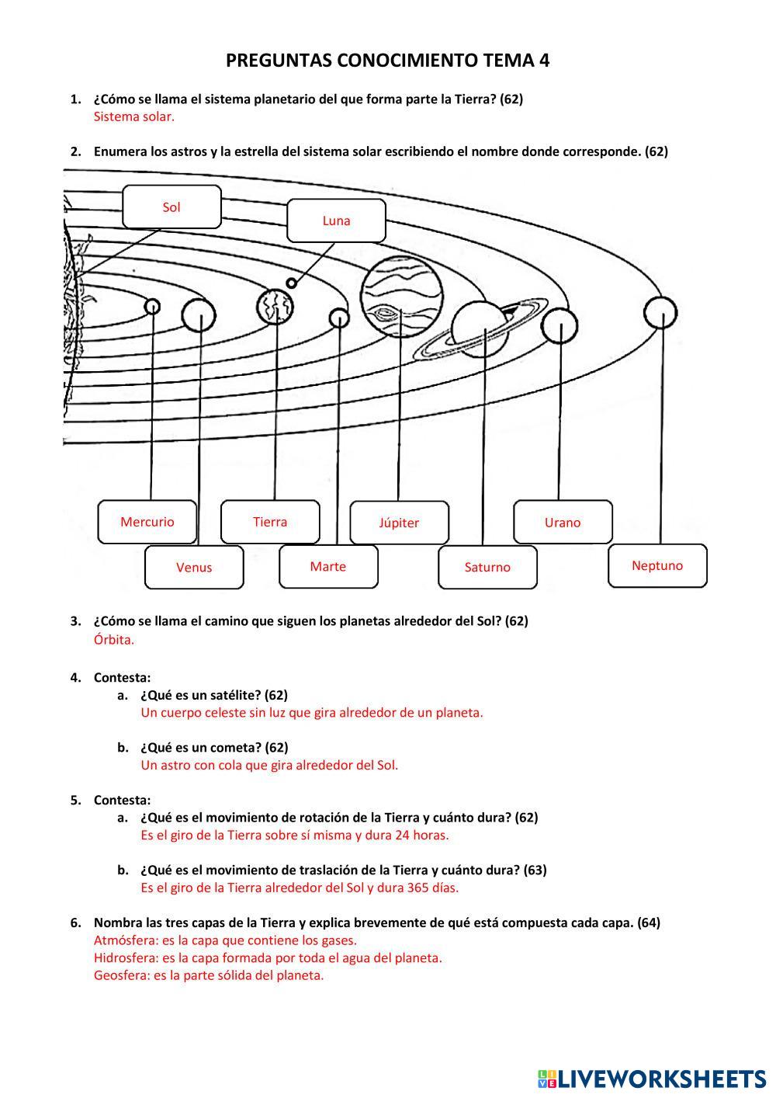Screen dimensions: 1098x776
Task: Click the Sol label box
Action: [x=171, y=207]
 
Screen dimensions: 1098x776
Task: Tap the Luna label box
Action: [x=336, y=221]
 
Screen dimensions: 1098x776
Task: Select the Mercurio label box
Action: [x=147, y=522]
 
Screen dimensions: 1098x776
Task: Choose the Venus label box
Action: [x=194, y=567]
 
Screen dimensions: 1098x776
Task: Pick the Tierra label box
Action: [x=270, y=522]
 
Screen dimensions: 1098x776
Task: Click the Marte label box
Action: [x=328, y=566]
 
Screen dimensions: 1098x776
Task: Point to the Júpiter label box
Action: [x=399, y=523]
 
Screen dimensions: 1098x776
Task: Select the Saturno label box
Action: [x=487, y=567]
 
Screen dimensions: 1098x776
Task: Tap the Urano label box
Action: [x=563, y=523]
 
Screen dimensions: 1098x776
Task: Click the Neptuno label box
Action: [x=657, y=565]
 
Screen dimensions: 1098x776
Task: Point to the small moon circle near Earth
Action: [x=291, y=283]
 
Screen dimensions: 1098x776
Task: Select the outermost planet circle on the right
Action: [x=660, y=313]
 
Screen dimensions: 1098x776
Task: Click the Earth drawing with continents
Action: [x=275, y=307]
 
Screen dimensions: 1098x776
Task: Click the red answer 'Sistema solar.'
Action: [x=133, y=117]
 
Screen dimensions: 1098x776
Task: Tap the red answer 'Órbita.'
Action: [x=113, y=640]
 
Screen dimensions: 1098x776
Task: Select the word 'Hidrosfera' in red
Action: [x=121, y=957]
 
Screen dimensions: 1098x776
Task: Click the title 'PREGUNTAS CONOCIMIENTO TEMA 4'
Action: [x=388, y=61]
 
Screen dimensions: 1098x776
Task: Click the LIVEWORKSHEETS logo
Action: [x=652, y=1078]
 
